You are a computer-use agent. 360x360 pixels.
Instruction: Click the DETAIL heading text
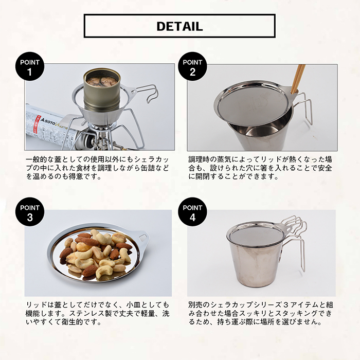(180, 26)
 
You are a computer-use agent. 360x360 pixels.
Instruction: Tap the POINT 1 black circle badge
(30, 66)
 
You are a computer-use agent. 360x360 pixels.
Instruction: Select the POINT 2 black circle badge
(193, 66)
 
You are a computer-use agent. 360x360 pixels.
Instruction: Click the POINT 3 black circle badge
(30, 212)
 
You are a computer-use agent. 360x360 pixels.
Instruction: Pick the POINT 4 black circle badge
(193, 212)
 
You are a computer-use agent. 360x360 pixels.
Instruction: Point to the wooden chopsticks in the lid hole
(298, 79)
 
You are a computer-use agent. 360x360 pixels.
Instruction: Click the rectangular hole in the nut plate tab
(142, 237)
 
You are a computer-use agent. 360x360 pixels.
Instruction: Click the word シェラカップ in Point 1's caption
(152, 159)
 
